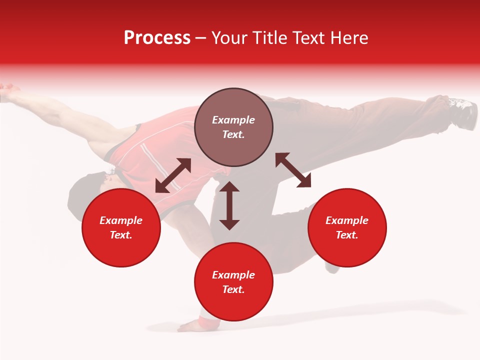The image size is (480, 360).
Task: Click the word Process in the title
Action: click(157, 37)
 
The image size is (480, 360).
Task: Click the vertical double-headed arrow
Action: click(229, 205)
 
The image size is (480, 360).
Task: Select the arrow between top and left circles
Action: click(173, 175)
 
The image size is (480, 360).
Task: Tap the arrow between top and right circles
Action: click(293, 170)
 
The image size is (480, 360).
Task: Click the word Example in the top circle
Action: click(233, 120)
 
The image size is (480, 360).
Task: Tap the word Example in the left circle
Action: click(121, 220)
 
